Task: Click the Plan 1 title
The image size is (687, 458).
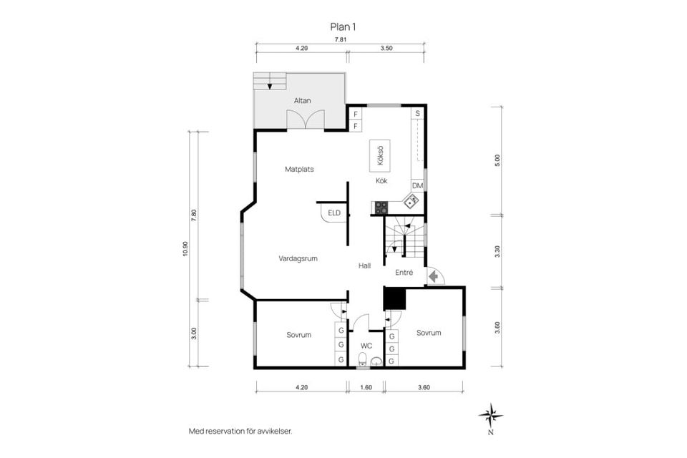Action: (343, 26)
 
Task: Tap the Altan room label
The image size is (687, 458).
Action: (301, 101)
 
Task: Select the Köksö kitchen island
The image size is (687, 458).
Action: (380, 156)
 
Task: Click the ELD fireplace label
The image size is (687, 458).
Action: (334, 213)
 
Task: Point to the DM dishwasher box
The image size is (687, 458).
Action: (418, 186)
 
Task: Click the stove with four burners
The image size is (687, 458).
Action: (381, 208)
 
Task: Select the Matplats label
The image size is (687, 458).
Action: (299, 170)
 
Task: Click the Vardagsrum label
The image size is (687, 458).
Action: (298, 258)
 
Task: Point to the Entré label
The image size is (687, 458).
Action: (404, 272)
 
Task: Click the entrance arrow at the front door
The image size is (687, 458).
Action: (433, 276)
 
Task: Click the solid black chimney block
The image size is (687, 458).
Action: (394, 298)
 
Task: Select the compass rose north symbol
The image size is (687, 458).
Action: (490, 415)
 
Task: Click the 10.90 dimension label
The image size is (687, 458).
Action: (185, 248)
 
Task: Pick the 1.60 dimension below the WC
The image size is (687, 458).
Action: (366, 387)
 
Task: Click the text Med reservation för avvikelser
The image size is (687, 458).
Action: (240, 431)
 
